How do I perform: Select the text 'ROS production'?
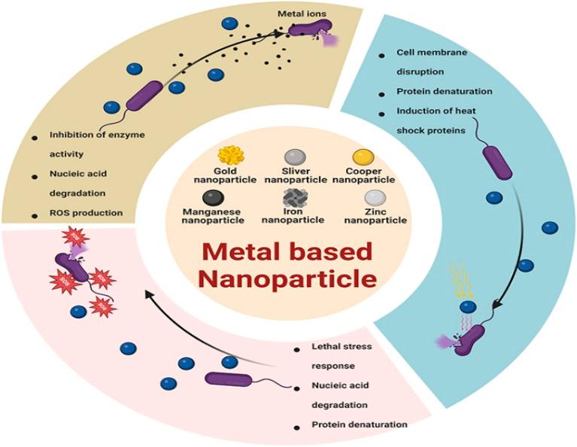click(86, 213)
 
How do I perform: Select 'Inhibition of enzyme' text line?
click(97, 135)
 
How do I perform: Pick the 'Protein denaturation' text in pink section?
click(360, 424)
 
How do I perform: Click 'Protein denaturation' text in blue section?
click(445, 92)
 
